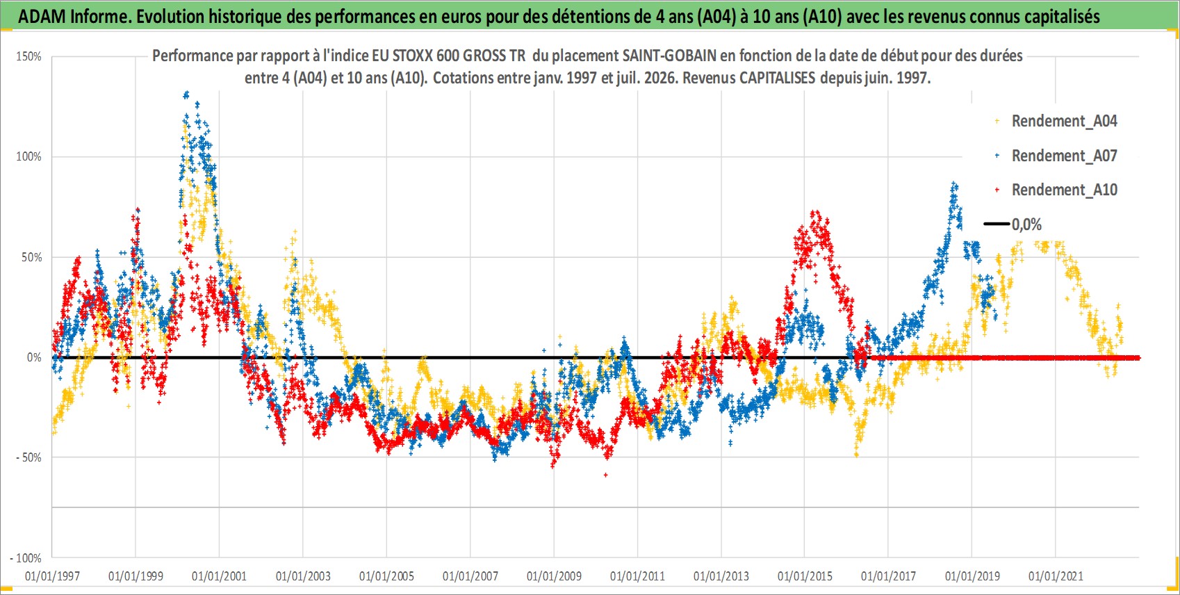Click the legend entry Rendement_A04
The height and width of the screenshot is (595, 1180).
[1057, 121]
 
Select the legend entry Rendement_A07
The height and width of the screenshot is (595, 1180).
[1057, 156]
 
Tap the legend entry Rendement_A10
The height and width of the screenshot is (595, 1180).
[1057, 190]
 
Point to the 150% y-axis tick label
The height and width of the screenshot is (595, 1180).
[28, 56]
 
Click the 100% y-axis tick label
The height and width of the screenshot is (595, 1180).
[28, 156]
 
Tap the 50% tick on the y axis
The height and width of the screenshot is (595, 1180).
[31, 257]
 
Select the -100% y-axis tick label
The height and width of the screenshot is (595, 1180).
[25, 557]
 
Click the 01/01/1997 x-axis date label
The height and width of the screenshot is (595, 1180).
[52, 576]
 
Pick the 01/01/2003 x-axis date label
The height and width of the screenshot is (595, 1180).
[303, 576]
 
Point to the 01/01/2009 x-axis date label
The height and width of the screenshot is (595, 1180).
[554, 576]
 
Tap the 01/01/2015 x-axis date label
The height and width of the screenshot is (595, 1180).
[805, 576]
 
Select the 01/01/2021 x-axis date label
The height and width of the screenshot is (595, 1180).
[1056, 576]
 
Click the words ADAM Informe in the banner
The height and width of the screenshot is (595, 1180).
[74, 17]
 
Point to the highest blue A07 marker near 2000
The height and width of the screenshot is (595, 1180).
[186, 95]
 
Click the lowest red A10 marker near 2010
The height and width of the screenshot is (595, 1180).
[606, 475]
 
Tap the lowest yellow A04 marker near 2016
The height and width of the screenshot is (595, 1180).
[857, 455]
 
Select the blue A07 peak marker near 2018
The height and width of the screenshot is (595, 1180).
[953, 184]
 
